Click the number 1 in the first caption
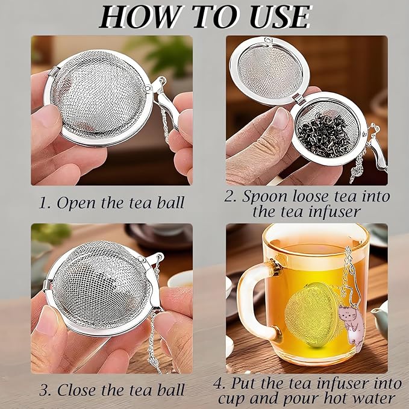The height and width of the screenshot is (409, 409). click(x=43, y=203)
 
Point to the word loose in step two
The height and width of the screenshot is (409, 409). click(x=314, y=197)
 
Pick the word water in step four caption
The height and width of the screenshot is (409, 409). click(x=372, y=398)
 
